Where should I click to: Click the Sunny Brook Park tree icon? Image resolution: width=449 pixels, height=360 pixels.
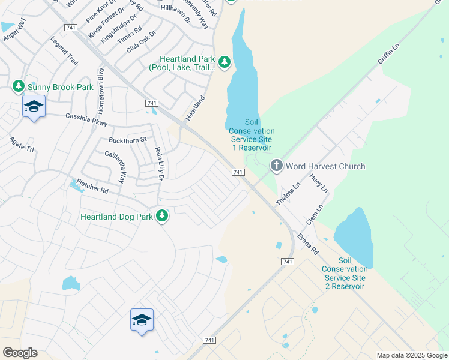(18, 87)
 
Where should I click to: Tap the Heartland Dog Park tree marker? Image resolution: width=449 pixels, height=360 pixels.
(161, 215)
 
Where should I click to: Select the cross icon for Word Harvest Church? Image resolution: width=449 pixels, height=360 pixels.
(276, 166)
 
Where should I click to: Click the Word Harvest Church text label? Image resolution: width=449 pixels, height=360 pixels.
(325, 166)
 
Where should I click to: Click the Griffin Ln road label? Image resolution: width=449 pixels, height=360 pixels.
(388, 54)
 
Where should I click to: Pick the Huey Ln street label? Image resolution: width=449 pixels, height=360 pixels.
(319, 184)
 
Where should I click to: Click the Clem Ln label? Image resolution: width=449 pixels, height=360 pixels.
(314, 214)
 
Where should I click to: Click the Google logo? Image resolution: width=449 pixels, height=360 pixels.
(20, 353)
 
